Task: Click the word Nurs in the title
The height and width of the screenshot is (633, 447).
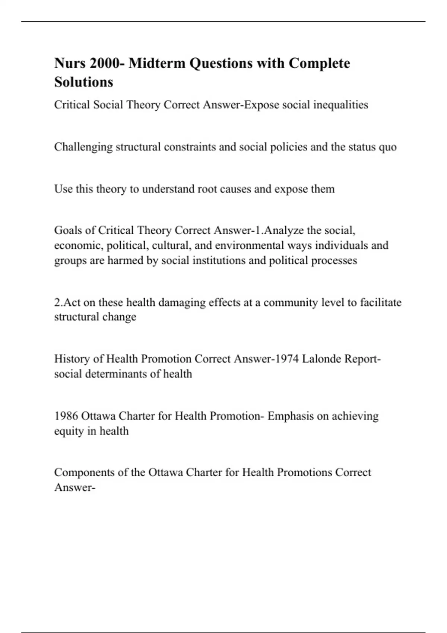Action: click(x=70, y=63)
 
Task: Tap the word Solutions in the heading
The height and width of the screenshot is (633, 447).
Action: click(x=83, y=82)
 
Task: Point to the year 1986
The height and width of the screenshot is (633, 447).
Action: click(x=66, y=416)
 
